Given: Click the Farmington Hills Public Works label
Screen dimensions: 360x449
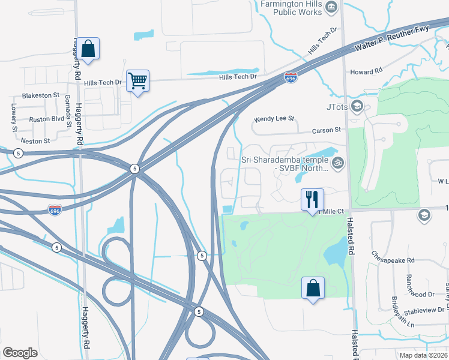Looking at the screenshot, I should [x=291, y=8].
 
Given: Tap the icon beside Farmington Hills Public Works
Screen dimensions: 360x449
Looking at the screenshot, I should [x=333, y=8].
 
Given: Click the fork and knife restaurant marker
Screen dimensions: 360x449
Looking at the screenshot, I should [x=312, y=199].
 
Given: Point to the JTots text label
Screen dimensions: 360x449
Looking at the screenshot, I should [x=337, y=107].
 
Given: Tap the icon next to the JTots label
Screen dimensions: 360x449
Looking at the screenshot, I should [x=357, y=107].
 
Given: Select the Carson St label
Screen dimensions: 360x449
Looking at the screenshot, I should [x=326, y=130].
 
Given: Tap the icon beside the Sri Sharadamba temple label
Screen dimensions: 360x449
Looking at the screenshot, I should [x=338, y=162].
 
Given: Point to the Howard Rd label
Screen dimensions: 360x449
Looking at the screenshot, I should [x=366, y=71].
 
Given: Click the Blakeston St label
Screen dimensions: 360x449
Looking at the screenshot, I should [x=41, y=95].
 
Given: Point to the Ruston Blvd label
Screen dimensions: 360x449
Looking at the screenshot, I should [x=46, y=119].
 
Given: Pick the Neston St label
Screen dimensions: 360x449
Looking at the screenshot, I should [x=35, y=141].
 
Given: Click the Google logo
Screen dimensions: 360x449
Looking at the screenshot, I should [x=20, y=353].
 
